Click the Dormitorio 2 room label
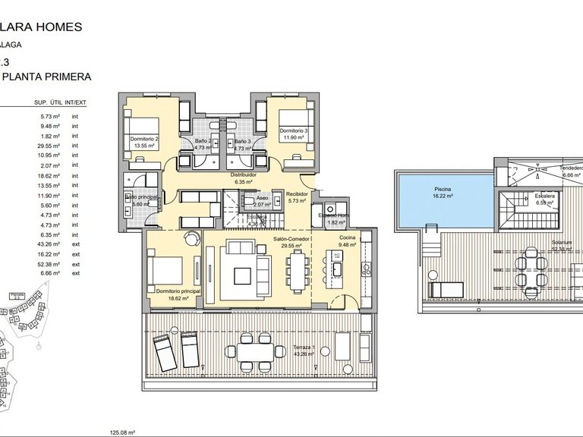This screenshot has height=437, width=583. pyautogui.click(x=145, y=139)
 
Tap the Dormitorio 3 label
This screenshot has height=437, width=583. pyautogui.click(x=293, y=131)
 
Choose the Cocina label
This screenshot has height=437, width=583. pyautogui.click(x=348, y=237)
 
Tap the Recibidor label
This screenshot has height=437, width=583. pyautogui.click(x=296, y=193)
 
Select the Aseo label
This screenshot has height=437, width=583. pyautogui.click(x=262, y=196)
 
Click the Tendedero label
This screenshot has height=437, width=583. pyautogui.click(x=571, y=168)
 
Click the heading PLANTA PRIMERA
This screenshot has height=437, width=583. pyautogui.click(x=47, y=77)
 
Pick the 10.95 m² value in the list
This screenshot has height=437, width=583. pyautogui.click(x=50, y=155)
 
